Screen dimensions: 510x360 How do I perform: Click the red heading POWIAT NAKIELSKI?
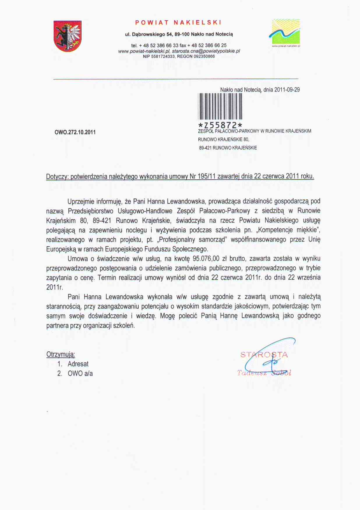tap(178, 23)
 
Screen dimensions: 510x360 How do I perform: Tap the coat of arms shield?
tap(67, 36)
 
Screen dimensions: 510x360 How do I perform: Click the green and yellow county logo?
tap(286, 31)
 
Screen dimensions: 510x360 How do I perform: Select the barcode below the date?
tap(220, 106)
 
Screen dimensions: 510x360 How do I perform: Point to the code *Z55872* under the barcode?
tap(220, 125)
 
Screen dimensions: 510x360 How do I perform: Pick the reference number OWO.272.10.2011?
tap(75, 132)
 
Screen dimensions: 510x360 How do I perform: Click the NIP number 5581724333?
tap(163, 56)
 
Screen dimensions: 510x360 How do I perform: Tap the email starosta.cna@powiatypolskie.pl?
tap(206, 51)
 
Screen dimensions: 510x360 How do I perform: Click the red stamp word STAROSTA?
tap(264, 355)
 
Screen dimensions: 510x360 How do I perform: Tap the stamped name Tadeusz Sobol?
tap(264, 373)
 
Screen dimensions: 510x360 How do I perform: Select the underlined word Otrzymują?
tap(61, 355)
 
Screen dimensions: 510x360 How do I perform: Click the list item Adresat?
tap(78, 364)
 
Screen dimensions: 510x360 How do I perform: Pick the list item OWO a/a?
tap(80, 373)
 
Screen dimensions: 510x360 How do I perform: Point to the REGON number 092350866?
tap(204, 56)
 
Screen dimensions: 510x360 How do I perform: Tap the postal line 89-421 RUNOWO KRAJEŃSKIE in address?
tap(228, 148)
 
